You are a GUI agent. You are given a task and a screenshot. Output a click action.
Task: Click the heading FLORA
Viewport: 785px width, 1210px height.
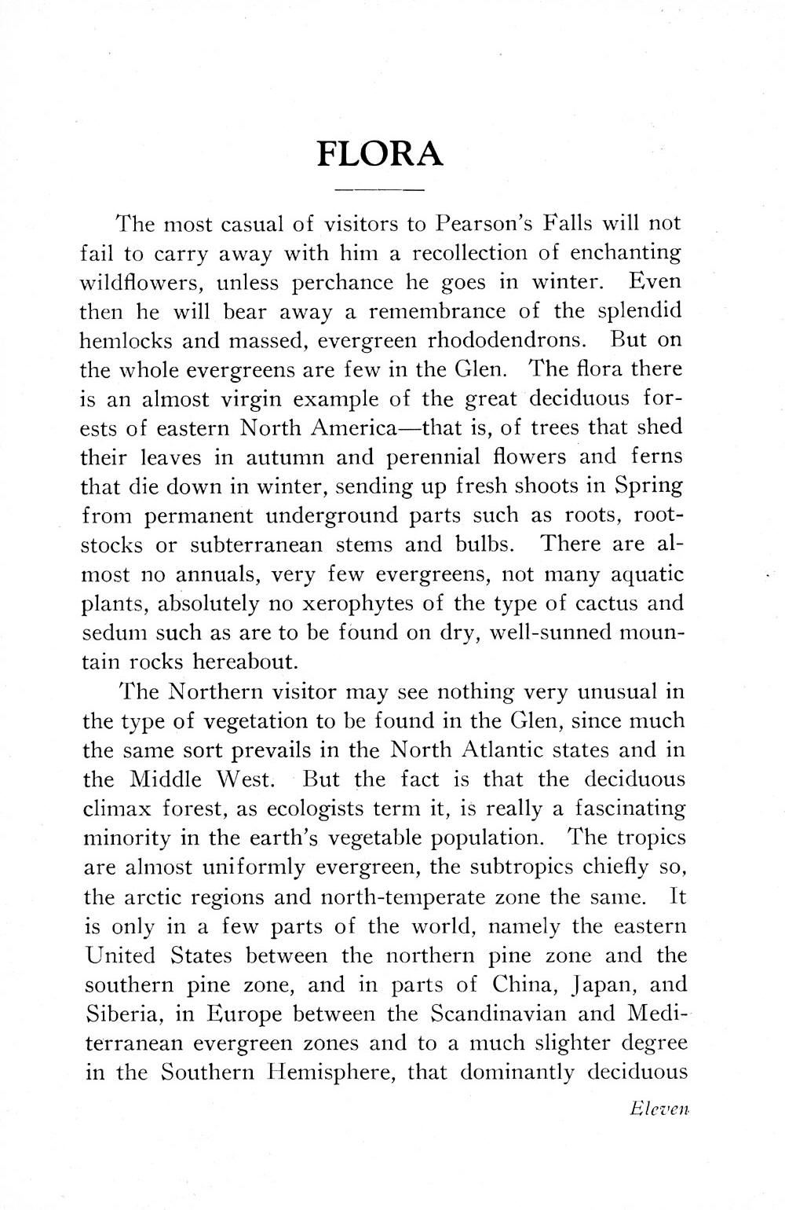pos(380,153)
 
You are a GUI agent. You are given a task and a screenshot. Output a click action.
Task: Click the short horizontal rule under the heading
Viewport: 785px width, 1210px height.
pos(380,191)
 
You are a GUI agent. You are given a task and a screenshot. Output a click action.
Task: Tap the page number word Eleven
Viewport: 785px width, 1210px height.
pos(659,1109)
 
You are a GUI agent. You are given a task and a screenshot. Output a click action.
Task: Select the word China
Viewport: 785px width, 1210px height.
pos(513,984)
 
